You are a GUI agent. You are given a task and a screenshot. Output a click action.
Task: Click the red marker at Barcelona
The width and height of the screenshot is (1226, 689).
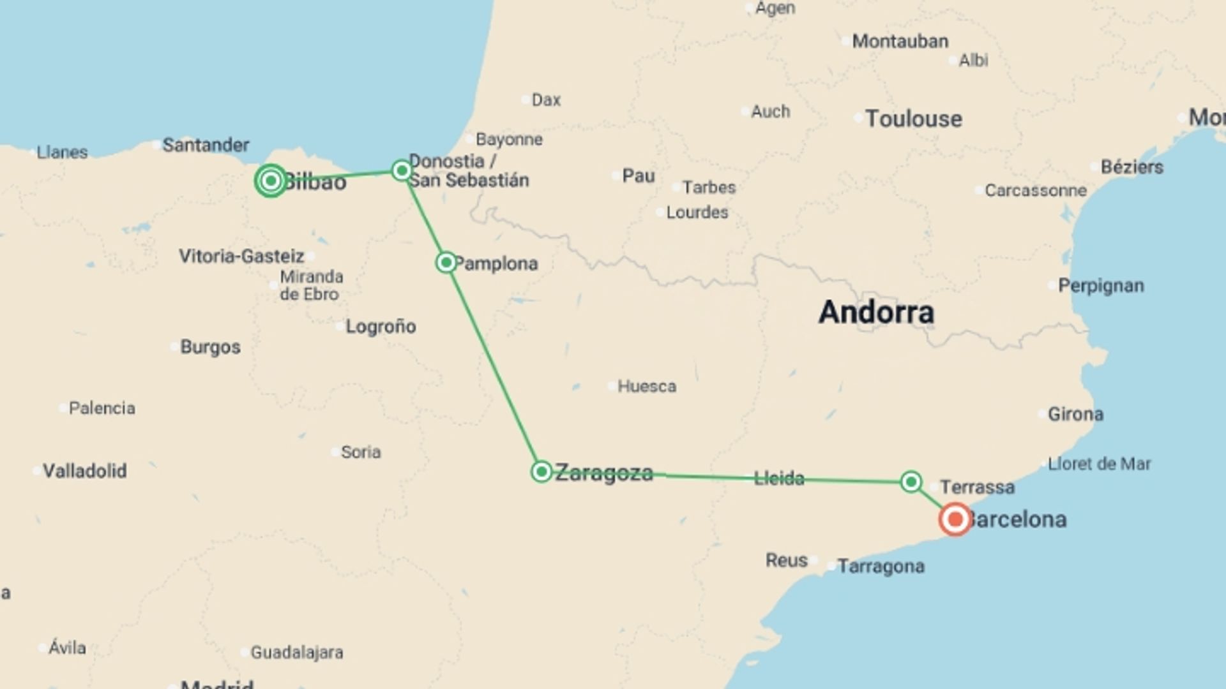[955, 519]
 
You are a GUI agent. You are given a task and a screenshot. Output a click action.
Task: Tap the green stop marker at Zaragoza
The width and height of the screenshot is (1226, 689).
[541, 471]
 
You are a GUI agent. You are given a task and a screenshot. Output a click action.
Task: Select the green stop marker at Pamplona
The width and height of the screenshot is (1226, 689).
[446, 262]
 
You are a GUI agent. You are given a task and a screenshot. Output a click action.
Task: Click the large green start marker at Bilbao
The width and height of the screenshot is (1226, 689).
[271, 181]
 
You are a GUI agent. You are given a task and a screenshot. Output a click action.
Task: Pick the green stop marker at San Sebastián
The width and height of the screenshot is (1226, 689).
[402, 170]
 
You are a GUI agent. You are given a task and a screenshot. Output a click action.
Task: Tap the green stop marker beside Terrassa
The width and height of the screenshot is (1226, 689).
[911, 481]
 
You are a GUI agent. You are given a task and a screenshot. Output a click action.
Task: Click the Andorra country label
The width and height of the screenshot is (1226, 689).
[876, 312]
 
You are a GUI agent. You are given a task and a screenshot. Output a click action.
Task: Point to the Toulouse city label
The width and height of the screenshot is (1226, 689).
[913, 119]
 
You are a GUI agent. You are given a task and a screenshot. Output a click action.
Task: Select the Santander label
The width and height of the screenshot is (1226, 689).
[206, 145]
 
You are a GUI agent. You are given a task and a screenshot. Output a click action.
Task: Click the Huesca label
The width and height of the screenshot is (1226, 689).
[646, 386]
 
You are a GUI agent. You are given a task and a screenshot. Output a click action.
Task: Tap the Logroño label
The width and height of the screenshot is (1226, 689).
[381, 327]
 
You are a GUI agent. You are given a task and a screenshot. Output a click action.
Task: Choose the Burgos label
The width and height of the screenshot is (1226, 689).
[210, 347]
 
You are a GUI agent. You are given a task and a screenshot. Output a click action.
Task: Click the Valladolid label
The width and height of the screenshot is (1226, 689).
[84, 471]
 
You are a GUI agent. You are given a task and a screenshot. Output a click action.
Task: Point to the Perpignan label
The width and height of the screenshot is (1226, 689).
[1101, 285]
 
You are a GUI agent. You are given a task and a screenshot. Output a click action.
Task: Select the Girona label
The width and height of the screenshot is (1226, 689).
[1075, 414]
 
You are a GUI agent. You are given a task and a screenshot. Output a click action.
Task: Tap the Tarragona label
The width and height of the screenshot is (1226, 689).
[881, 566]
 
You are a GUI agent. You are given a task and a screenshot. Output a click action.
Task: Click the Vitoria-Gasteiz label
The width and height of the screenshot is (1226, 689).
[241, 256]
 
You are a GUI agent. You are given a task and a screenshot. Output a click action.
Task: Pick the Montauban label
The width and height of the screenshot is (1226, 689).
[900, 41]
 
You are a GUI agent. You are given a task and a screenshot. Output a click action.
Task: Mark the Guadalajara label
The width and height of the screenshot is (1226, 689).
[296, 652]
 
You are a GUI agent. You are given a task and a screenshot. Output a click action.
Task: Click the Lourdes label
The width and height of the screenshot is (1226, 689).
[697, 212]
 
